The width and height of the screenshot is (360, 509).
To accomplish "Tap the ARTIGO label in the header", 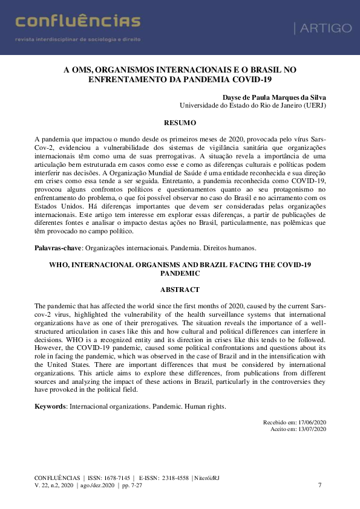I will tap(322, 28).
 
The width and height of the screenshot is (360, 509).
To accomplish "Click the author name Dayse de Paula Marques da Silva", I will tap(273, 96).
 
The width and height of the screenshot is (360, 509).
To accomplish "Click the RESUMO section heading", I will tap(180, 122).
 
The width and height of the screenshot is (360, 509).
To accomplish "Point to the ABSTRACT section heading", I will tap(180, 289).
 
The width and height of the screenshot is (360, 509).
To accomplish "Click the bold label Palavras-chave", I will tap(58, 248).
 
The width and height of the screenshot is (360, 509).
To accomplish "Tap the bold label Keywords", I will tap(50, 406).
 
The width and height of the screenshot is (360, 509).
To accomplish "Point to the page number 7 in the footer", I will tap(319, 485).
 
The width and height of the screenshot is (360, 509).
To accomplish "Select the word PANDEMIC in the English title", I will tap(180, 273).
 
